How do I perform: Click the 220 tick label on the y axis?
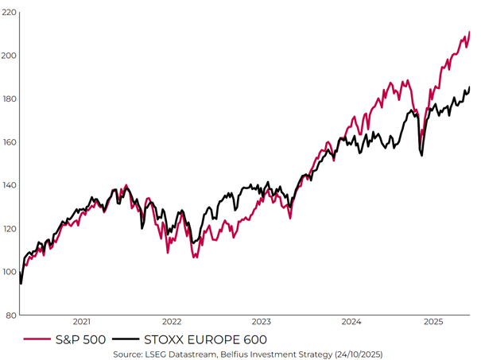tap(9, 13)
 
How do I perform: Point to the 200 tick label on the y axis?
tap(9, 56)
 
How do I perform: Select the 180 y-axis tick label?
tap(9, 99)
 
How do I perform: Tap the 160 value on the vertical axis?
tap(9, 142)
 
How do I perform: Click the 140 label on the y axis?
tap(9, 185)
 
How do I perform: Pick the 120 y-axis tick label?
tap(9, 229)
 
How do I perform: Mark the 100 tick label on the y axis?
tap(9, 272)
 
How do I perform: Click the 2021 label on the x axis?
tap(81, 322)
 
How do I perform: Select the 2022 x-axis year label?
tap(172, 322)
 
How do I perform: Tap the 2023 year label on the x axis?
tap(262, 322)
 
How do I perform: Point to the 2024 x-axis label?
tap(352, 322)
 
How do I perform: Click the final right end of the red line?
tap(470, 32)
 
